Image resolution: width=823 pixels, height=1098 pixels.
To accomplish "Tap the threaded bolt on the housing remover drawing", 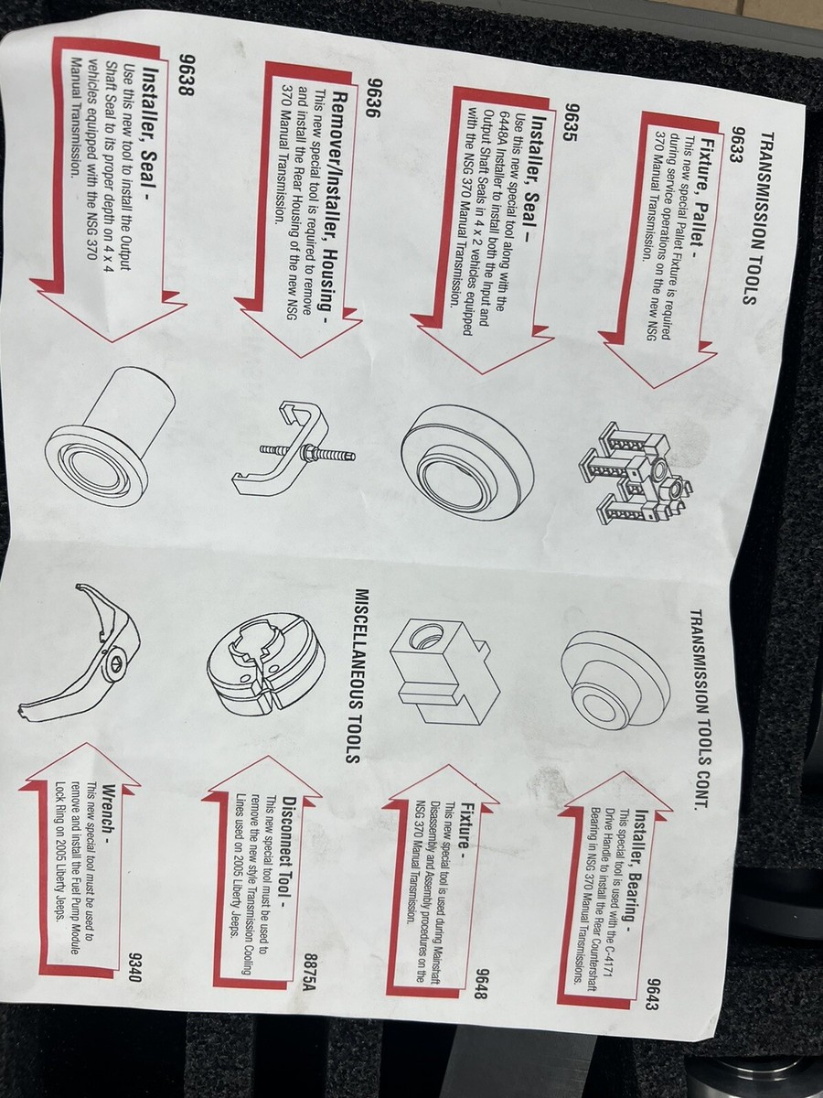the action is (x=305, y=453).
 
